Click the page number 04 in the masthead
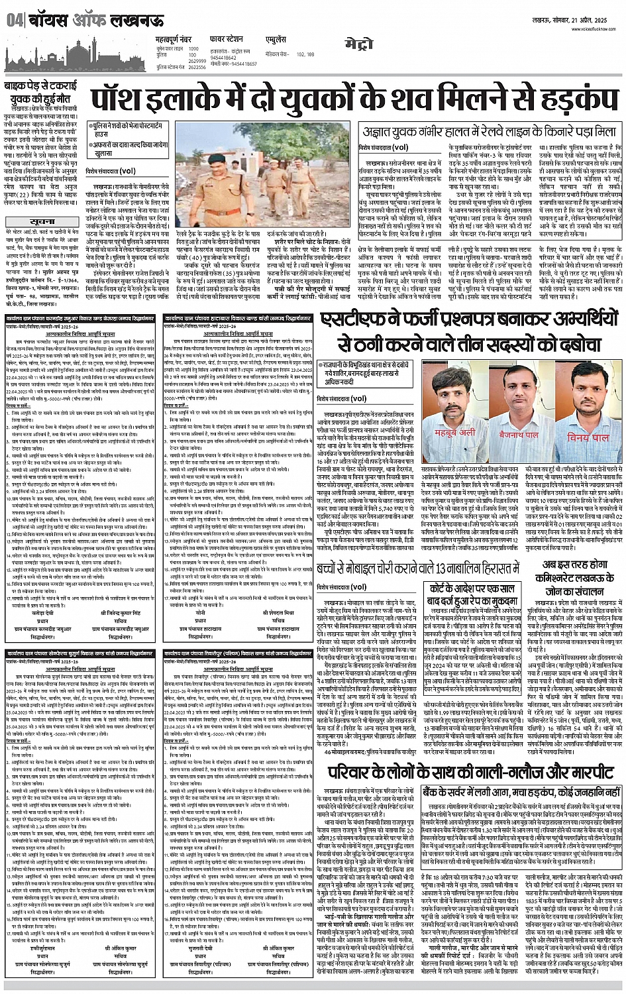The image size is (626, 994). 14,21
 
